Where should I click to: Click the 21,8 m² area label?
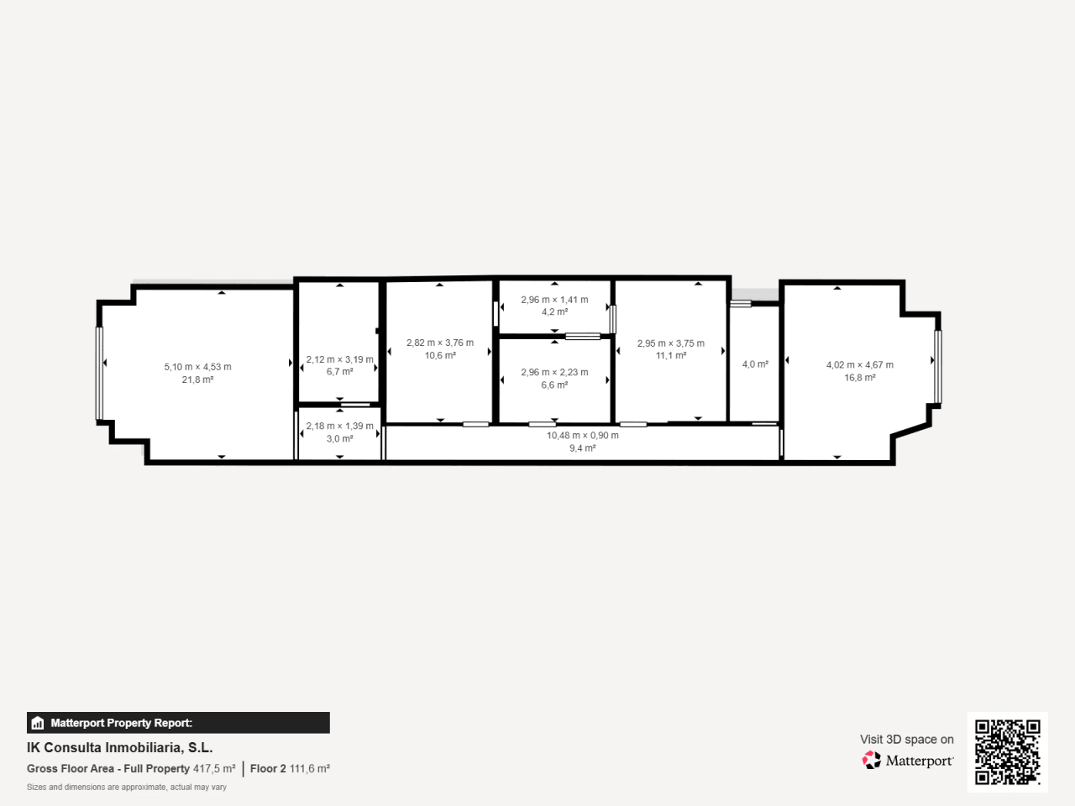pyautogui.click(x=197, y=379)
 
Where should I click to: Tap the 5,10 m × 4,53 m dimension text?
pyautogui.click(x=197, y=367)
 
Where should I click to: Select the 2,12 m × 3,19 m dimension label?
pyautogui.click(x=339, y=359)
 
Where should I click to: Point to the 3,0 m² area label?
pyautogui.click(x=339, y=438)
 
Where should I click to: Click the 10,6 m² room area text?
pyautogui.click(x=440, y=355)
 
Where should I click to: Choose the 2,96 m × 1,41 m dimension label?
pyautogui.click(x=554, y=300)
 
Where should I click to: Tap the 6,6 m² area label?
pyautogui.click(x=554, y=385)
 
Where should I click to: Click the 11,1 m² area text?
pyautogui.click(x=670, y=356)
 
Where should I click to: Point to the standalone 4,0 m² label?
pyautogui.click(x=755, y=364)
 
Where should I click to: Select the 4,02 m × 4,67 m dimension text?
pyautogui.click(x=859, y=364)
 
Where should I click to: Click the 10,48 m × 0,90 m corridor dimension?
pyautogui.click(x=582, y=435)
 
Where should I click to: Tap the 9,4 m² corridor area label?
pyautogui.click(x=582, y=447)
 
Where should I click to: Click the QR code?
pyautogui.click(x=1008, y=751)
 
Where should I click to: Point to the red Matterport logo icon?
pyautogui.click(x=871, y=760)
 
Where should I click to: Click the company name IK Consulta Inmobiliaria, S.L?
pyautogui.click(x=119, y=748)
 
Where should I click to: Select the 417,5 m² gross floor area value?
pyautogui.click(x=214, y=768)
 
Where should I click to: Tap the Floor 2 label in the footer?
pyautogui.click(x=268, y=768)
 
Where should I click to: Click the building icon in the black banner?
pyautogui.click(x=38, y=723)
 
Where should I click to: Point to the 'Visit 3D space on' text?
pyautogui.click(x=906, y=739)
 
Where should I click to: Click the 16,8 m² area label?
pyautogui.click(x=859, y=377)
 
